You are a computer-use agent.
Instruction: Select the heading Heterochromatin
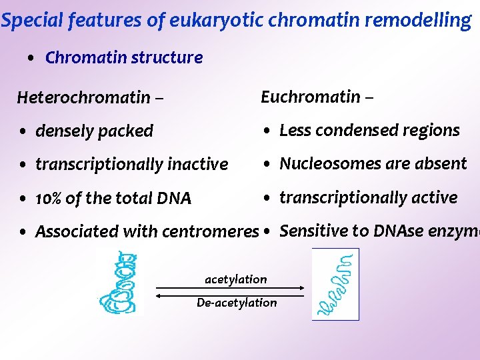(x=83, y=97)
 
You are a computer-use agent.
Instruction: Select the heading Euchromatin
(x=311, y=97)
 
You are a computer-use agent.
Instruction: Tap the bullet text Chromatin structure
(x=124, y=57)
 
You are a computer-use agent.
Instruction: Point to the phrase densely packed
(x=94, y=131)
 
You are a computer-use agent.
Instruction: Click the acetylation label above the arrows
(x=235, y=279)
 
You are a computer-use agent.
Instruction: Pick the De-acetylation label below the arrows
(x=237, y=303)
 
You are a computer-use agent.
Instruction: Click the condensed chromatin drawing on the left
(x=120, y=283)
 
